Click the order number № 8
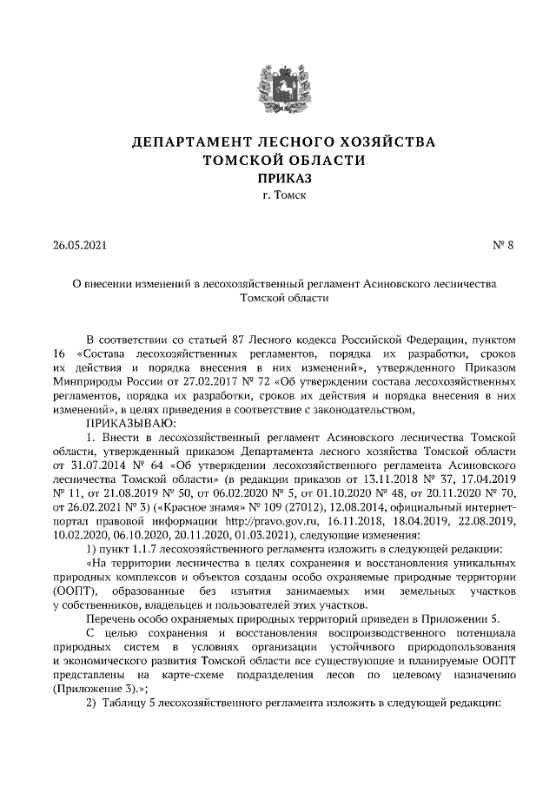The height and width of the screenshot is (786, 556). (x=504, y=245)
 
